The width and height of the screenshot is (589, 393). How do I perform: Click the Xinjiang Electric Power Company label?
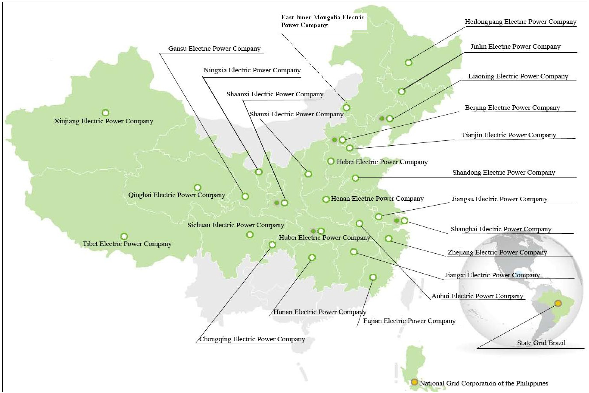click(103, 121)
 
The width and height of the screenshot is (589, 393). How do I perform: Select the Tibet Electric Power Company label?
click(127, 244)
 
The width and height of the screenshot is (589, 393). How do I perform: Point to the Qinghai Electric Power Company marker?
click(198, 187)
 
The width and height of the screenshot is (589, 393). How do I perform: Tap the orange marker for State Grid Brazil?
click(558, 303)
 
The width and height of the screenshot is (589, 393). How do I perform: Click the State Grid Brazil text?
click(541, 343)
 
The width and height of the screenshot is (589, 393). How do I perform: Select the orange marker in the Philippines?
click(414, 382)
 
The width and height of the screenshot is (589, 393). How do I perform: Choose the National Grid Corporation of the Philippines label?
click(484, 383)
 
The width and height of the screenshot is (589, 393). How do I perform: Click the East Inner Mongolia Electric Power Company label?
click(322, 21)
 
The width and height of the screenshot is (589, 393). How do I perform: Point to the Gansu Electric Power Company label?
click(214, 49)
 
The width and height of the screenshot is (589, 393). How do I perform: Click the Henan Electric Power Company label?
click(377, 198)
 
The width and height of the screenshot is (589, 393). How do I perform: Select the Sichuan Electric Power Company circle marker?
click(250, 235)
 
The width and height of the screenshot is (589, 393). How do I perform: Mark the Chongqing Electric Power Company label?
click(252, 339)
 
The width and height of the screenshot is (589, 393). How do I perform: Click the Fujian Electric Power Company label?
click(409, 321)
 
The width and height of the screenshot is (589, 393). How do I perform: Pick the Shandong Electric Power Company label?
click(504, 172)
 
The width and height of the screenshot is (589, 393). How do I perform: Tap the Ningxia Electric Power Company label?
click(252, 70)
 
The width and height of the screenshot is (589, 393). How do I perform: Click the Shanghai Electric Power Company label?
click(501, 229)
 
